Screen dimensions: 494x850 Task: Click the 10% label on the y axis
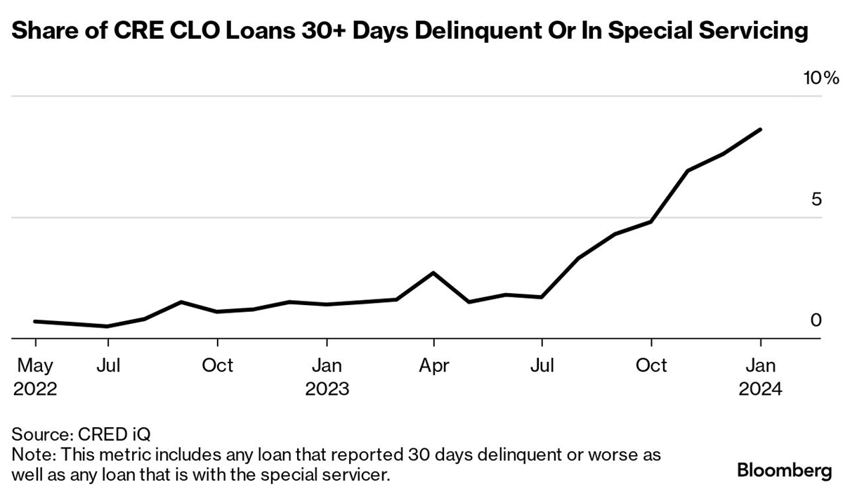821,78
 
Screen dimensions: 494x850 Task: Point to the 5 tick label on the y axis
816,200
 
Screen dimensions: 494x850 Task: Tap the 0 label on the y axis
816,320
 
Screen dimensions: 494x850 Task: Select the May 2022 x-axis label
35,377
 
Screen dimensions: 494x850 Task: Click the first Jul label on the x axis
108,366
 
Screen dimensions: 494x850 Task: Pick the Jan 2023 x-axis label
327,377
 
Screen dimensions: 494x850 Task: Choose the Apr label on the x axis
434,366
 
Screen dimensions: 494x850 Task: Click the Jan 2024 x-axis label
760,377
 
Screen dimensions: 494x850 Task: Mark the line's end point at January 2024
760,129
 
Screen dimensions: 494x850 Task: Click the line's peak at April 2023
434,273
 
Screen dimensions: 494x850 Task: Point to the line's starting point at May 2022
35,321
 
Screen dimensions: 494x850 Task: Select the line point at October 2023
652,221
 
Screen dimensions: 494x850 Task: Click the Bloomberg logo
784,470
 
